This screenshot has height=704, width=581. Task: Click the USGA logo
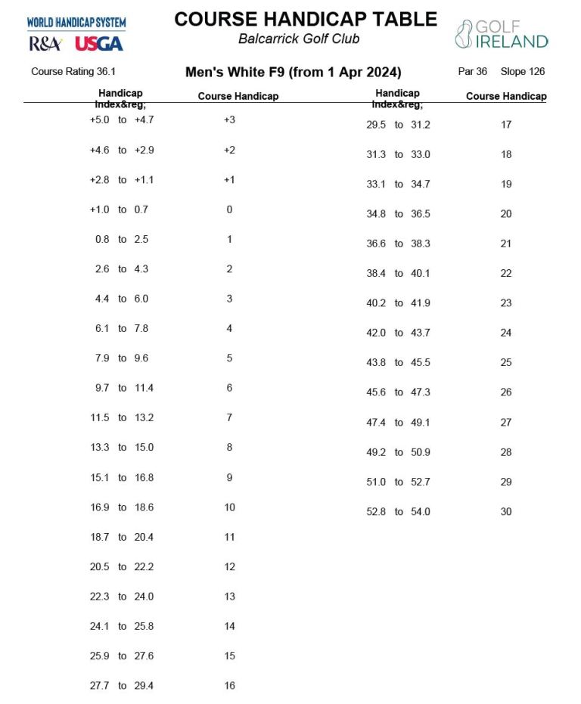click(98, 44)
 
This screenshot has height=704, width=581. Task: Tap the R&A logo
click(45, 44)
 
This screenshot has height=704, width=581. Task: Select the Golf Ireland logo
click(502, 34)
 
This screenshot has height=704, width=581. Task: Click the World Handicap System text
click(76, 23)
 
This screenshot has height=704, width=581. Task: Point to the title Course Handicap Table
click(306, 19)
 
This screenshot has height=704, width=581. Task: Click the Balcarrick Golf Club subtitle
click(299, 39)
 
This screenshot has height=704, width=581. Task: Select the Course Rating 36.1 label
click(73, 72)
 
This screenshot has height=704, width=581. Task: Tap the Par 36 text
click(473, 72)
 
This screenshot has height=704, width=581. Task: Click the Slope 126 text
click(523, 72)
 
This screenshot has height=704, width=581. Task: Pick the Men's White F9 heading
click(293, 73)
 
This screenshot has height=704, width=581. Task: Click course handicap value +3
click(229, 120)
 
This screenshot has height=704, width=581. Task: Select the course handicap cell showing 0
click(229, 209)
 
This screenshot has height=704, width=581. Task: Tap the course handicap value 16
click(229, 686)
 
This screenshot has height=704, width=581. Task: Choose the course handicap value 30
click(506, 512)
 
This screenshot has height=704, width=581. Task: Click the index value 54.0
click(421, 512)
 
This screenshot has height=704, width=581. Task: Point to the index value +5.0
click(100, 120)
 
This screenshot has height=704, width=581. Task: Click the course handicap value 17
click(506, 125)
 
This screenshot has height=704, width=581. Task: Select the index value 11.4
click(144, 388)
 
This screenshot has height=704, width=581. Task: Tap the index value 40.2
click(376, 303)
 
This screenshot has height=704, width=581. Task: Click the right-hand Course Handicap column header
click(506, 97)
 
